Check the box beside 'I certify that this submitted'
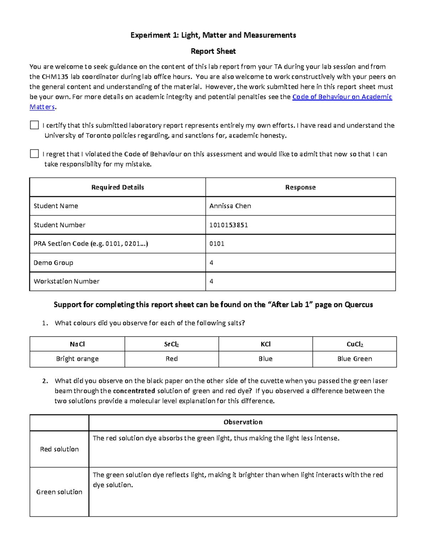tap(34, 125)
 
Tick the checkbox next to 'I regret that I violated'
tap(34, 153)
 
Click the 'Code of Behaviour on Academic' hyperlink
tap(342, 97)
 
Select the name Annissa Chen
tap(230, 206)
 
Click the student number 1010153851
tap(228, 225)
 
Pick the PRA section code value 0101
tap(217, 244)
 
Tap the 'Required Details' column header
tap(117, 187)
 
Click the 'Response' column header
tap(300, 187)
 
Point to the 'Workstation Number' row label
tap(67, 281)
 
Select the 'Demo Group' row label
tap(53, 263)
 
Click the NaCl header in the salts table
tap(77, 344)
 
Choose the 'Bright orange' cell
tap(77, 359)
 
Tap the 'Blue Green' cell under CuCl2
tap(354, 359)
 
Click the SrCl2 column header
tap(172, 344)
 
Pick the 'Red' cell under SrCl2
tap(172, 359)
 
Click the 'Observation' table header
tap(243, 422)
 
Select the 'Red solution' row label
tap(59, 449)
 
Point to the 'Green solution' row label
tap(59, 492)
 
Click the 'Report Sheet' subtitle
tap(213, 51)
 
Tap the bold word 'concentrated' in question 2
tap(134, 391)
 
